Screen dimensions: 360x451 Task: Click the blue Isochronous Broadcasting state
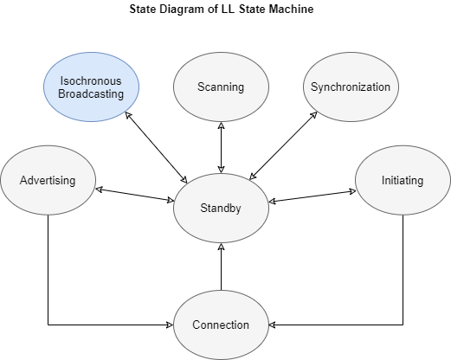coord(91,87)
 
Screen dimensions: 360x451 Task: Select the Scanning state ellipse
coord(221,87)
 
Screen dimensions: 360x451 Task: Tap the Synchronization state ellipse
coord(351,87)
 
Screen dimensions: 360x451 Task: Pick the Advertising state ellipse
coord(48,181)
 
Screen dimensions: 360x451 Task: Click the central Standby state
coord(221,208)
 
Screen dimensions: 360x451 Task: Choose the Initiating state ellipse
coord(403,181)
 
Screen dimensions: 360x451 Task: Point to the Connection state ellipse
coord(221,325)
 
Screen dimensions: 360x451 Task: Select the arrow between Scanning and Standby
coord(221,147)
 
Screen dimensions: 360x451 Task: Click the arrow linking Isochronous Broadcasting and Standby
coord(158,147)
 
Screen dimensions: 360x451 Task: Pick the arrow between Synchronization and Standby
coord(284,147)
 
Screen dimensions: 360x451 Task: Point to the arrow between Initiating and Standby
coord(312,194)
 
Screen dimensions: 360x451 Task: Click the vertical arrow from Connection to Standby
coord(221,267)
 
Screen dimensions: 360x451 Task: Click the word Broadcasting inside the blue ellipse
coord(91,93)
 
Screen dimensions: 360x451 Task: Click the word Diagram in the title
coord(181,10)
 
